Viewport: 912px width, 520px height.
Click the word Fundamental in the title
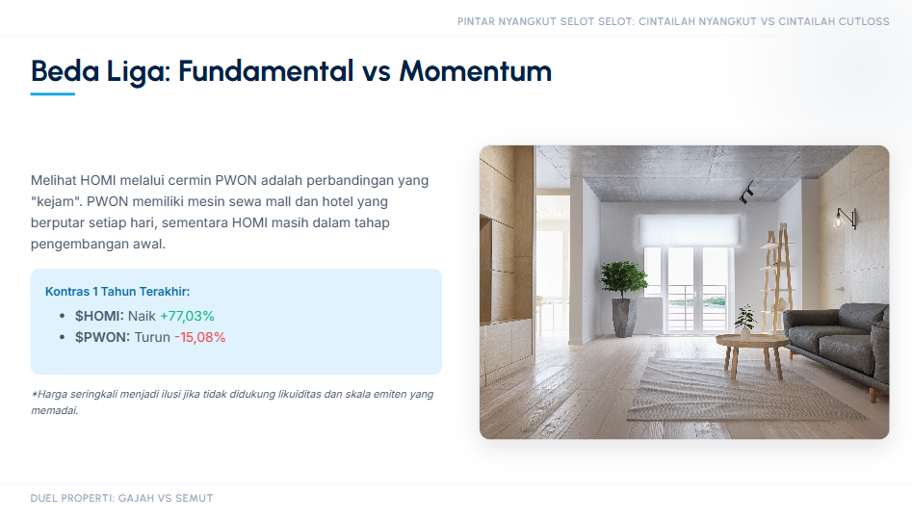tap(266, 71)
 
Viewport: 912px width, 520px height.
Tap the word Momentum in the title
tap(475, 71)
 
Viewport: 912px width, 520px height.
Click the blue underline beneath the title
tap(53, 93)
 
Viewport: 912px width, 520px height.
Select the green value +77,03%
tap(187, 316)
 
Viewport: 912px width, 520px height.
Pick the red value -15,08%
tap(200, 337)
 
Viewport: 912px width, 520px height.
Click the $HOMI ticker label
tap(99, 316)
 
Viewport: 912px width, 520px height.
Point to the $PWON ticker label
tap(102, 337)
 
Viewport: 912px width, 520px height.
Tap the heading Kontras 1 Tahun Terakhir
tap(117, 292)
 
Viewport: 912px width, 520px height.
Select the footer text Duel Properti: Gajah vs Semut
tap(121, 499)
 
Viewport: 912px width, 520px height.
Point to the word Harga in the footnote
tap(52, 395)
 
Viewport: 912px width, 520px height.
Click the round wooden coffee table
tap(751, 353)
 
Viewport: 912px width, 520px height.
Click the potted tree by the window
tap(623, 299)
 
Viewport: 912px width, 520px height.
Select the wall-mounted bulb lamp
tap(845, 218)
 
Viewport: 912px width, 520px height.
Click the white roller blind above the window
tap(690, 229)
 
